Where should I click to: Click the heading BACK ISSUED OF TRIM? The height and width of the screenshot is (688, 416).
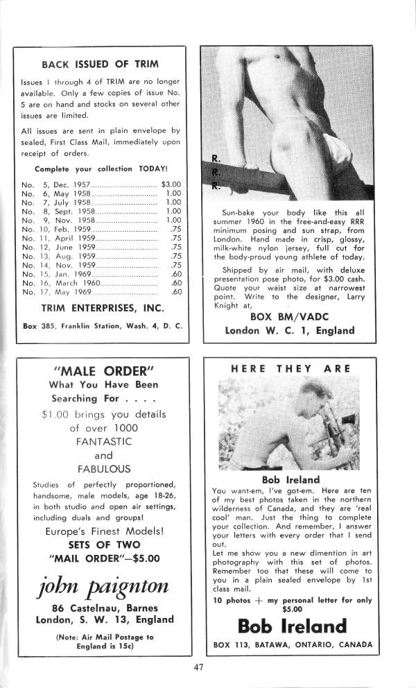100,64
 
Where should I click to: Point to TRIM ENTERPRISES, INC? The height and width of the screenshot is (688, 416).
102,307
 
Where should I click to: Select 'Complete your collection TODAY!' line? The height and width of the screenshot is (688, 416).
101,169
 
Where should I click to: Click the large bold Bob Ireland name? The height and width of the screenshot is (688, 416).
291,626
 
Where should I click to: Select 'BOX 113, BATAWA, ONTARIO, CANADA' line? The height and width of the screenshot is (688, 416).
291,644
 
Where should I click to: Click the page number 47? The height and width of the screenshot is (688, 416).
200,668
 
